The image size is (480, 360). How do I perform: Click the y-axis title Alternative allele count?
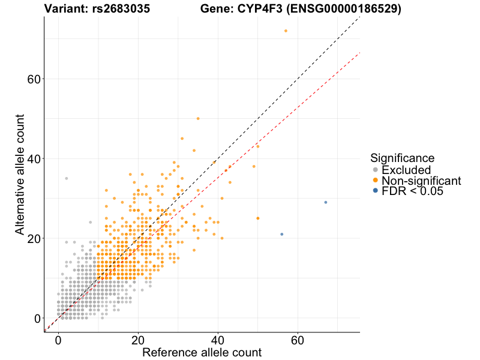point(20,176)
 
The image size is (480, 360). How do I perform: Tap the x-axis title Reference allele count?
point(202,352)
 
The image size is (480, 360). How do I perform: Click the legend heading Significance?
point(402,158)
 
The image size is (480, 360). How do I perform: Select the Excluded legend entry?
point(406,170)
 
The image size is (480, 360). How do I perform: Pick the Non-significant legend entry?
point(421,181)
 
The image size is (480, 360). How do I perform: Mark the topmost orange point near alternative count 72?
point(286,31)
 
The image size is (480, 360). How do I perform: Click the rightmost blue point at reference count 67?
point(326,202)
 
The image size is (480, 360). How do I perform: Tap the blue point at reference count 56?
point(281,234)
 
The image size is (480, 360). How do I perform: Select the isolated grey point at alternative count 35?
point(66,178)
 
